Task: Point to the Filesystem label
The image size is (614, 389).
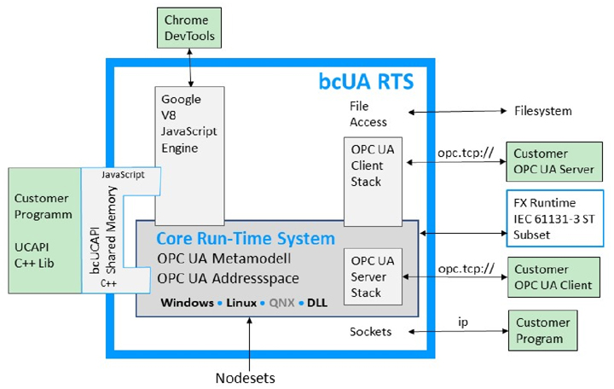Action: pos(543,111)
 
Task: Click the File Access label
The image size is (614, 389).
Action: pos(368,114)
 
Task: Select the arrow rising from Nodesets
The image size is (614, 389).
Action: pos(249,338)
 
